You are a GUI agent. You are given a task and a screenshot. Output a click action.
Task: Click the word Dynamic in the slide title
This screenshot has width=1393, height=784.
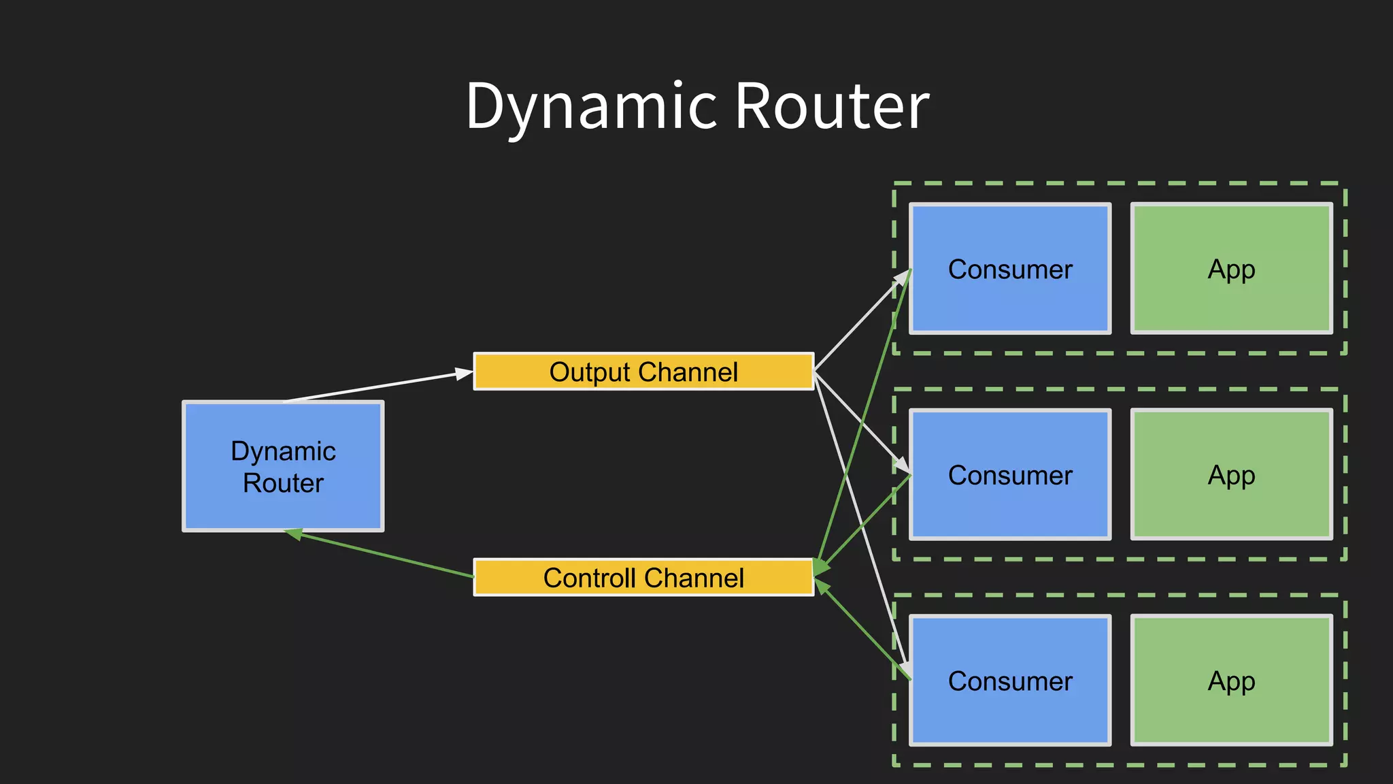click(x=590, y=107)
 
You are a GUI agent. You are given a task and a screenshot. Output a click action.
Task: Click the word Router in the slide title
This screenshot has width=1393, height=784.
click(x=831, y=107)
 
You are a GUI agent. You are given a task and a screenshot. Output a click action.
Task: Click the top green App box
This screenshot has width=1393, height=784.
click(x=1231, y=268)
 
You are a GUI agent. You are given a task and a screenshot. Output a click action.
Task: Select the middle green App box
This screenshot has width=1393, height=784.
click(x=1231, y=474)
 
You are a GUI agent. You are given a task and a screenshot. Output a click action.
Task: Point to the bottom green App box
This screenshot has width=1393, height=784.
click(x=1231, y=681)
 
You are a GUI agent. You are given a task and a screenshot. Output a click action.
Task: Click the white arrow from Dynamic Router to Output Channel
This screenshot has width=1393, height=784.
click(x=378, y=387)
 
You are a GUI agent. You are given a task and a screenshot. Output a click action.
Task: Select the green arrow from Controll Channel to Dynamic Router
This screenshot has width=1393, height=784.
click(x=385, y=555)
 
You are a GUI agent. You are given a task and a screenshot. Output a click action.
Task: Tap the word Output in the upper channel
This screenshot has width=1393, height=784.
click(x=589, y=372)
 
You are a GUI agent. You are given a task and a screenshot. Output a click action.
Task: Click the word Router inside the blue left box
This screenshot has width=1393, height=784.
click(x=283, y=483)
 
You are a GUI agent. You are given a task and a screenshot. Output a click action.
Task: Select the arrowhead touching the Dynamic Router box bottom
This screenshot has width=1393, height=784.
click(x=294, y=534)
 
